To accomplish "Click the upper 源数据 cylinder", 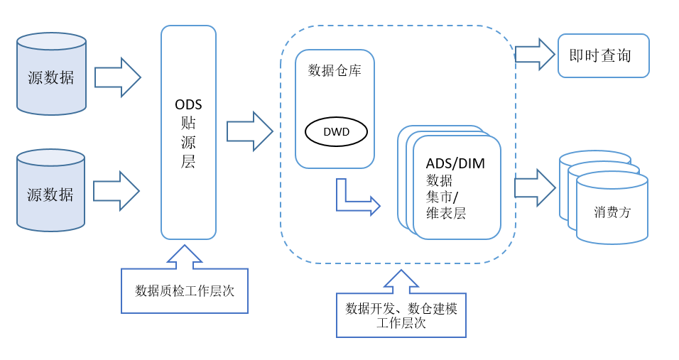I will pos(51,77).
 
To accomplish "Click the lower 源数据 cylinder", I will pos(50,194).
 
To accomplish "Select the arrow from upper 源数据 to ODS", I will pos(117,77).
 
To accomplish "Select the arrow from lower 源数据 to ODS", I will pos(116,191).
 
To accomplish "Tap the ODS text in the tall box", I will pos(188,105).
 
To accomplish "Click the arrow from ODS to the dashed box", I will pos(249,131).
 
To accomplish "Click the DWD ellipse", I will pos(336,131).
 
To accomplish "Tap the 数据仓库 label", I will pos(335,70).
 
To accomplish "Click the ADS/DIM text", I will pos(455,163).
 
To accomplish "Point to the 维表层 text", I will pos(446,213).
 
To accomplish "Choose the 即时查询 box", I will pos(603,55).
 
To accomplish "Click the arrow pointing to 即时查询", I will pos(534,54).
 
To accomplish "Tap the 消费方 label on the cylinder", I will pos(612,212).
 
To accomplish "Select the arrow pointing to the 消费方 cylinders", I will pos(534,187).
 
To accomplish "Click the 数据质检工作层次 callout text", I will pos(185,290).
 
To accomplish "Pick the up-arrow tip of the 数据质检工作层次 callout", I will pos(185,249).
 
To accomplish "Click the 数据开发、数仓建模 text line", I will pos(401,308).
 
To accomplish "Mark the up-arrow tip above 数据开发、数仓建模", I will pos(401,273).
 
